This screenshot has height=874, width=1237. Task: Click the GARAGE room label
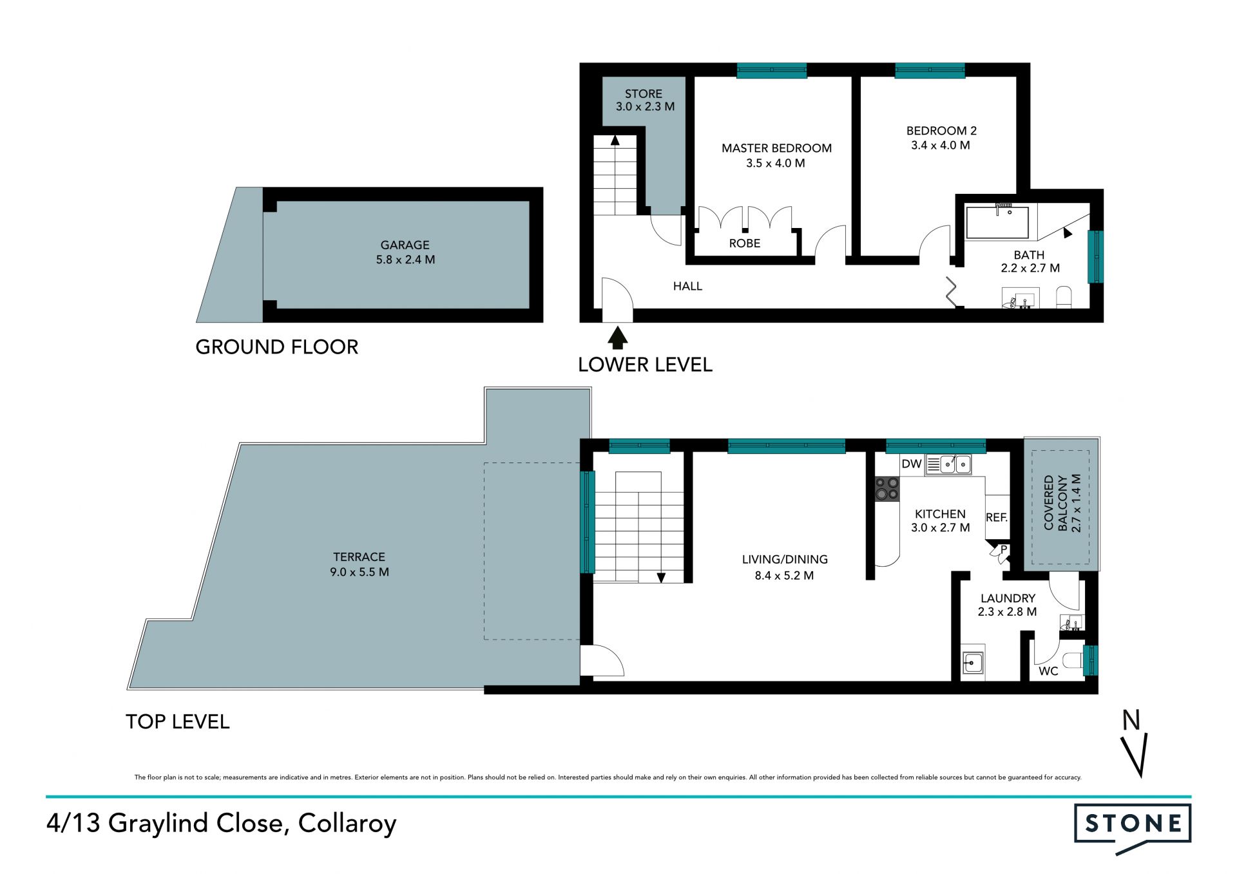[x=405, y=245]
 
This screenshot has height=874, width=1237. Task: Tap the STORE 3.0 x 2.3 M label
[x=644, y=100]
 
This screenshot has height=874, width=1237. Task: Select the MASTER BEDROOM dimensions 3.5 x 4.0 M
[x=776, y=163]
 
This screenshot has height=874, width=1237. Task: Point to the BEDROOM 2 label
[x=941, y=131]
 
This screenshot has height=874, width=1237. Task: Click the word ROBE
[x=745, y=243]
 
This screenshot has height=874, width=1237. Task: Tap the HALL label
[x=687, y=286]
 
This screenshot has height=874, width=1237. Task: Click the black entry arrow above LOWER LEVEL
[x=617, y=337]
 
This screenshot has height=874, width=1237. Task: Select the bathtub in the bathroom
[x=997, y=222]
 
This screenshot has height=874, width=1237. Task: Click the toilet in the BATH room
[x=1064, y=298]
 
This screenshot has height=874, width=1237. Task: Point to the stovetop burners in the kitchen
[x=887, y=488]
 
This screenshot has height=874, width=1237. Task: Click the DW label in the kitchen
[x=912, y=464]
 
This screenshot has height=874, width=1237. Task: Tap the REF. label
[x=996, y=517]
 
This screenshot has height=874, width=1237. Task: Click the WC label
[x=1048, y=671]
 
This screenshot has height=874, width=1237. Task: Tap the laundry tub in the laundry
[x=973, y=661]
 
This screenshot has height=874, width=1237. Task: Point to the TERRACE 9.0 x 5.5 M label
[x=360, y=564]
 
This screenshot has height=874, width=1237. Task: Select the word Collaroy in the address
[x=347, y=824]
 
